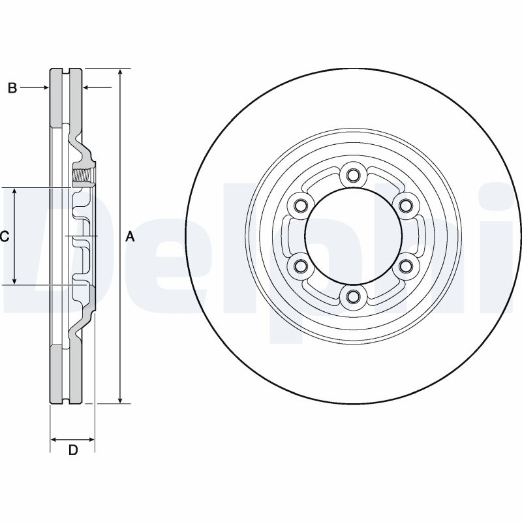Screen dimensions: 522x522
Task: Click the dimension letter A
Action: click(x=130, y=237)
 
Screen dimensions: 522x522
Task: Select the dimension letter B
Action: click(x=12, y=88)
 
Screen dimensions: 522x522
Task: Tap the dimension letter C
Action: click(x=4, y=237)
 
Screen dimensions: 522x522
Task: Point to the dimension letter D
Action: click(x=73, y=450)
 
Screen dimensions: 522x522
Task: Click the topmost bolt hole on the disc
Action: click(x=352, y=175)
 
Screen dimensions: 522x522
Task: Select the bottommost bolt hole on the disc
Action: click(x=352, y=298)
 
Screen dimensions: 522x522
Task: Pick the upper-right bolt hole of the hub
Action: click(x=405, y=206)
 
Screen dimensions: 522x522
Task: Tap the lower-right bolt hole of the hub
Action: click(x=405, y=266)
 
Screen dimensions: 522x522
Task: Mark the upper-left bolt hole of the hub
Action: click(x=299, y=206)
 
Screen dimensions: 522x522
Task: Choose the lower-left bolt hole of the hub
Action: click(x=299, y=266)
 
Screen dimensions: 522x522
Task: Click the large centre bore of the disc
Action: click(x=352, y=236)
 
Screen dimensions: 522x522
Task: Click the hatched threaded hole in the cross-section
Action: click(x=82, y=176)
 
